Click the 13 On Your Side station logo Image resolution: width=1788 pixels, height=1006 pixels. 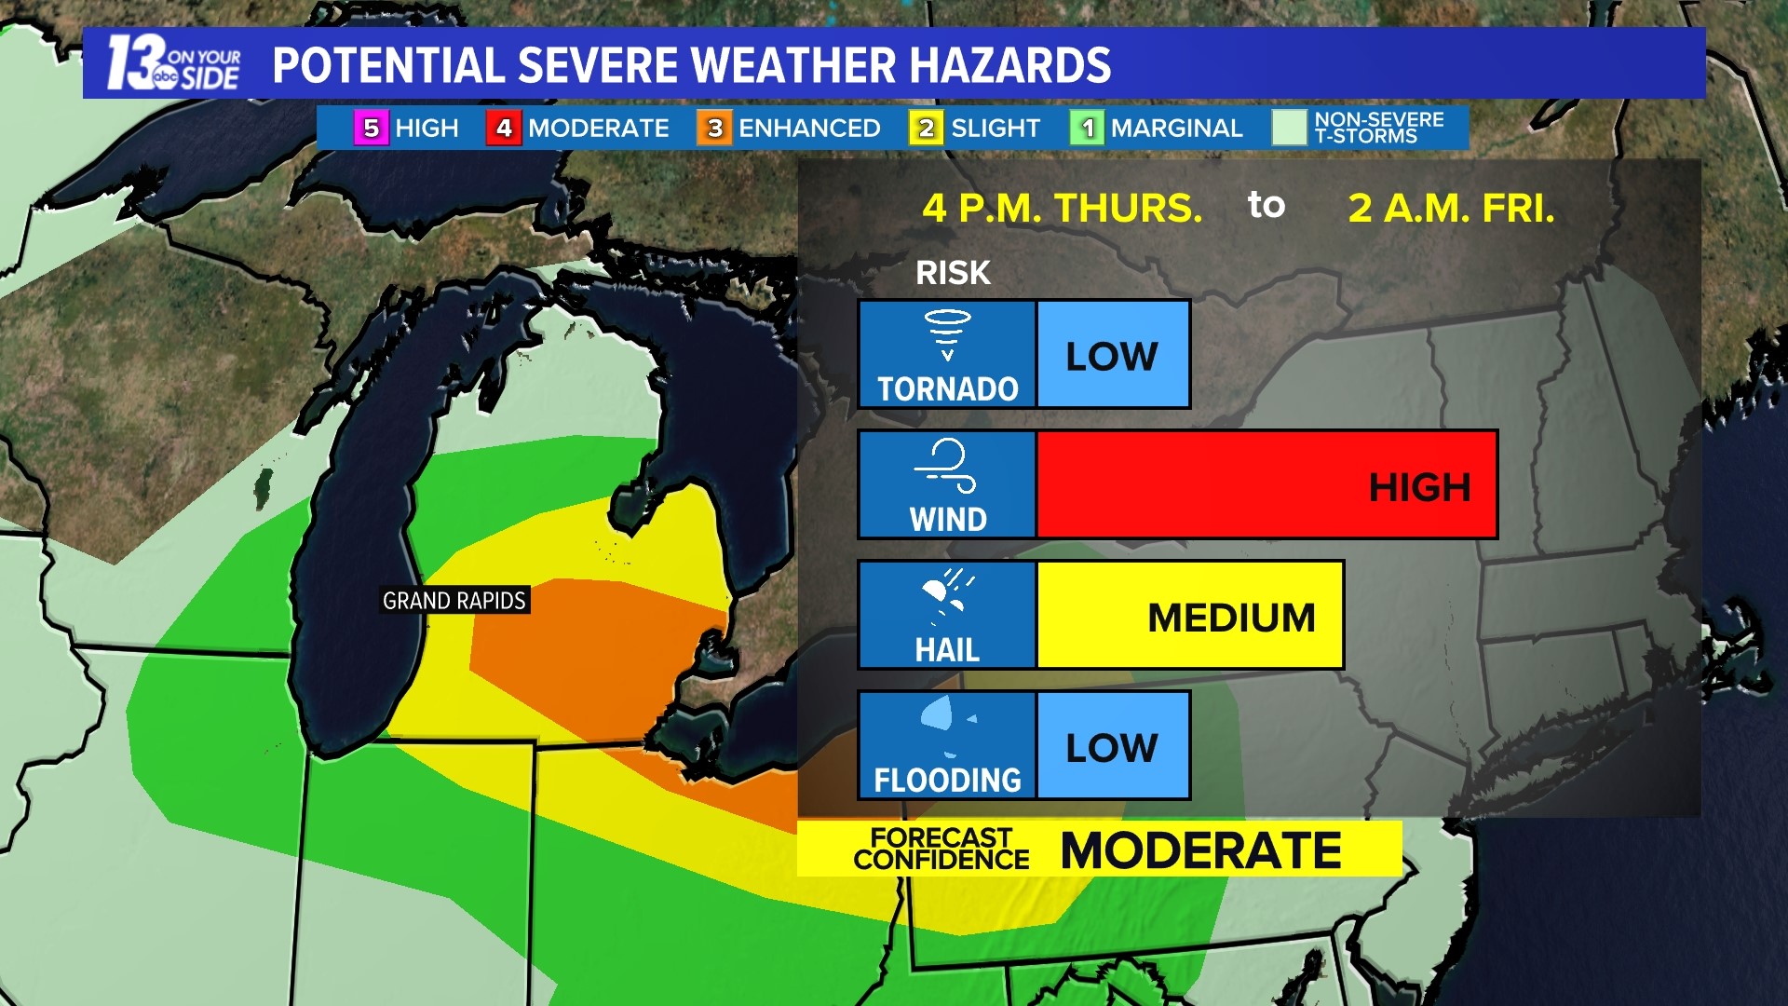173,63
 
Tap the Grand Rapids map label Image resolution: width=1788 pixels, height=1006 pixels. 454,601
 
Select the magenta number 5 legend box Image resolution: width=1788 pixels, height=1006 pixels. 371,128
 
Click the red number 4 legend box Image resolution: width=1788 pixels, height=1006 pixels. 504,128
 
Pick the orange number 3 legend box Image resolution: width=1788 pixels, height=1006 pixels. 714,128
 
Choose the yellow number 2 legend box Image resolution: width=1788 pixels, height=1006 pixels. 926,128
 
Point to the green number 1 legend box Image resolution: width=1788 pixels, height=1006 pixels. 1087,128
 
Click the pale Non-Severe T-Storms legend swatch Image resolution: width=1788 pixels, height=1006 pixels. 1290,128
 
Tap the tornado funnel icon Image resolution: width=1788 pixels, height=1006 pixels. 947,334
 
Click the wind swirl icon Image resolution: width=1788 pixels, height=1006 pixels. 947,465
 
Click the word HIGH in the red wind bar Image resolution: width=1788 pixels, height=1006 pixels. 1419,487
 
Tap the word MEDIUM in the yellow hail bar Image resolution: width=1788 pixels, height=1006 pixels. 1231,618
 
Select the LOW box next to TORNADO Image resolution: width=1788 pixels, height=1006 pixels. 1113,355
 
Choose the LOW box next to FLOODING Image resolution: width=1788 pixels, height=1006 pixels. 1113,746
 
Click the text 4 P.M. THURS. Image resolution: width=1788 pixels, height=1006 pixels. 1063,208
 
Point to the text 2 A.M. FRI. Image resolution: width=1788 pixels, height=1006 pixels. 1451,208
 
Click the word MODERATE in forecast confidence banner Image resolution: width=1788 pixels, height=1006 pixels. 1201,850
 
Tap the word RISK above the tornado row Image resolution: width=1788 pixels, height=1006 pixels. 953,273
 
